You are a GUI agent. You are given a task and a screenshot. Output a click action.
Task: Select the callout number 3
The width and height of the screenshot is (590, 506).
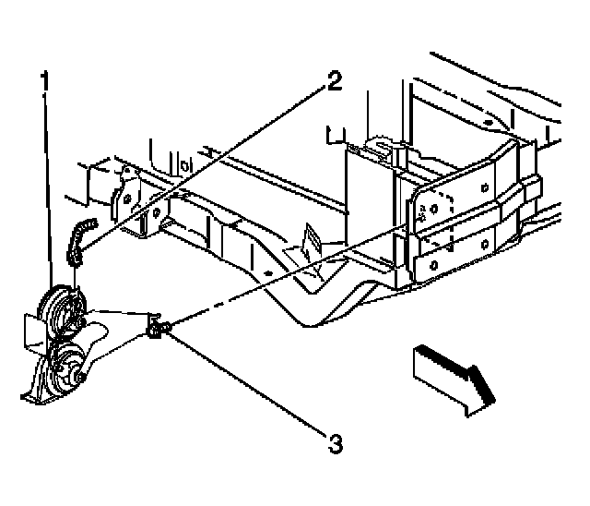pyautogui.click(x=335, y=444)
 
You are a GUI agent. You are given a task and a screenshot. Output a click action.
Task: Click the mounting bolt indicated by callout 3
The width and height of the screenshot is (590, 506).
pyautogui.click(x=157, y=325)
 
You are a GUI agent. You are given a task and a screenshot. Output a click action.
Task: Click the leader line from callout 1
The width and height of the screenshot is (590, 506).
pyautogui.click(x=42, y=185)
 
